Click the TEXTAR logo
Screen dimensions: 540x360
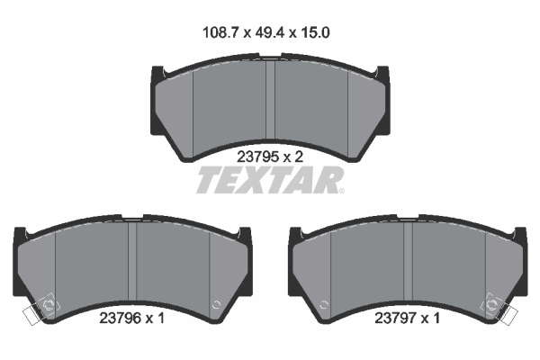coord(270,180)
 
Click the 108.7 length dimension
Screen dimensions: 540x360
coord(221,32)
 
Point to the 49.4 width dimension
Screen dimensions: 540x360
coord(270,32)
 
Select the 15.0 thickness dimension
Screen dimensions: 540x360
coord(315,32)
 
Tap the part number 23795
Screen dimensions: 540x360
coord(257,157)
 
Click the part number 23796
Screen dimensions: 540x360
coord(121,318)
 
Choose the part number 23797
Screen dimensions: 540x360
coord(395,318)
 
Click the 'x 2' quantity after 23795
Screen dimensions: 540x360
coord(293,157)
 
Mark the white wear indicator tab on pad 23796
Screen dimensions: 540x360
coord(31,316)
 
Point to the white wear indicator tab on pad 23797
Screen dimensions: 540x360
coord(508,316)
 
